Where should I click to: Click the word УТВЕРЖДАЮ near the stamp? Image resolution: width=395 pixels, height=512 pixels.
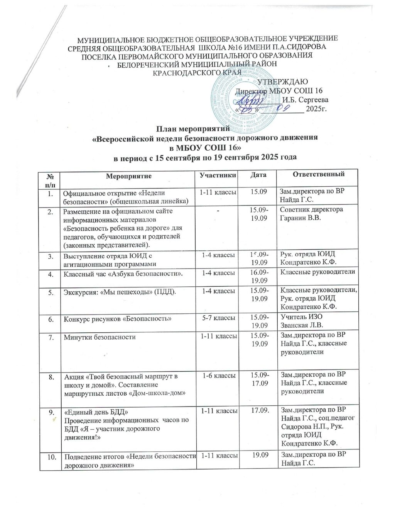282,82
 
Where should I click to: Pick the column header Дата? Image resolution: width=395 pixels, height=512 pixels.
258,175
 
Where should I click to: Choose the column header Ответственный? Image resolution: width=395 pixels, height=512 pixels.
318,174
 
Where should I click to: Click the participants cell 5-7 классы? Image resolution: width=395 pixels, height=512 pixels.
217,318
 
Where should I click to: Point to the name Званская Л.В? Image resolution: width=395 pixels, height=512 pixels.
301,325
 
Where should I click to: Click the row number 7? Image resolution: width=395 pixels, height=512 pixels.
51,337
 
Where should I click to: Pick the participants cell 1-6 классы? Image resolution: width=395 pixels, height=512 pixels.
217,374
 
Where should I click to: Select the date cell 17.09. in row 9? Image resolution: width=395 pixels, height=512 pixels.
260,410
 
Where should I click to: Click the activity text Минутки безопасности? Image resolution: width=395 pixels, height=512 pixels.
100,337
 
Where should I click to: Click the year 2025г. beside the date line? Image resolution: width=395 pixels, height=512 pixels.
316,109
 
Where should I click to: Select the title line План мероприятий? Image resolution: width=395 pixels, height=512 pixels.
192,129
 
